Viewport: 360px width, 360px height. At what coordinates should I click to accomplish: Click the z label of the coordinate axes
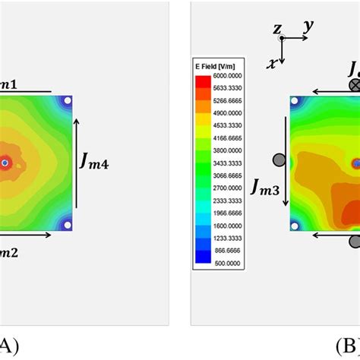(x=278, y=30)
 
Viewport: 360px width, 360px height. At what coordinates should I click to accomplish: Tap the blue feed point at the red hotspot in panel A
(x=5, y=163)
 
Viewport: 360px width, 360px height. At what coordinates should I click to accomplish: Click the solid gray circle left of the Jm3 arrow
(x=279, y=159)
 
